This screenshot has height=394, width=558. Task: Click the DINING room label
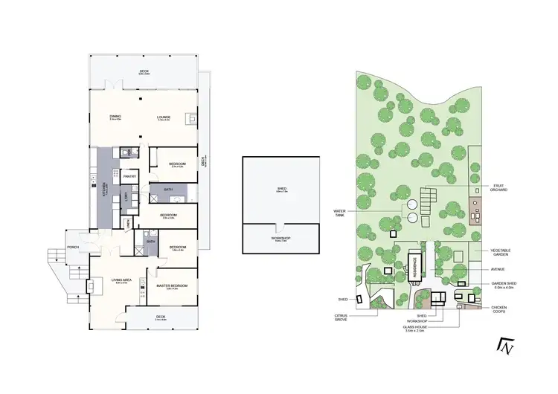[x=115, y=117]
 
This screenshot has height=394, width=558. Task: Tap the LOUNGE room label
[x=164, y=117]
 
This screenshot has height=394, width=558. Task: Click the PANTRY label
[x=129, y=176]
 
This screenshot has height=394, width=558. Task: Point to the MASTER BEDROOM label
[x=172, y=286]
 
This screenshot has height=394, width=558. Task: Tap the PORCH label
[x=74, y=247]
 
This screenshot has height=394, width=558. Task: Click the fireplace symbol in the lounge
[x=192, y=117]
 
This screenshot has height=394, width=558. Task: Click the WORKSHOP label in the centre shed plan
[x=281, y=239]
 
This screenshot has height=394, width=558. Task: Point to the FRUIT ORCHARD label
[x=499, y=188]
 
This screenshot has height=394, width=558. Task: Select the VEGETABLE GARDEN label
[x=500, y=253]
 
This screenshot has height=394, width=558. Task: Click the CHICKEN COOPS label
[x=501, y=309]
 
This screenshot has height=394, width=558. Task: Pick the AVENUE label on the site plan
[x=499, y=270]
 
